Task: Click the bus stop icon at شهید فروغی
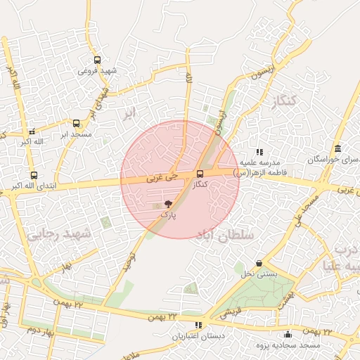(x=97, y=60)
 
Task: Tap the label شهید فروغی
(x=98, y=70)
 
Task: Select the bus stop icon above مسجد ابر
(x=76, y=123)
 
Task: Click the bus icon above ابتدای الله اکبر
(x=34, y=175)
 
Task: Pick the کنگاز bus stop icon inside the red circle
(x=200, y=174)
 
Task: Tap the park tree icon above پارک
(x=167, y=204)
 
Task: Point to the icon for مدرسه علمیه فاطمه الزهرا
(x=259, y=151)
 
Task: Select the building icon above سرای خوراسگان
(x=338, y=149)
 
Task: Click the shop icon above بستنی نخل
(x=259, y=263)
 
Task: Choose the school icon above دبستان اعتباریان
(x=199, y=325)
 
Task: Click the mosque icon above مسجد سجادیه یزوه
(x=288, y=334)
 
